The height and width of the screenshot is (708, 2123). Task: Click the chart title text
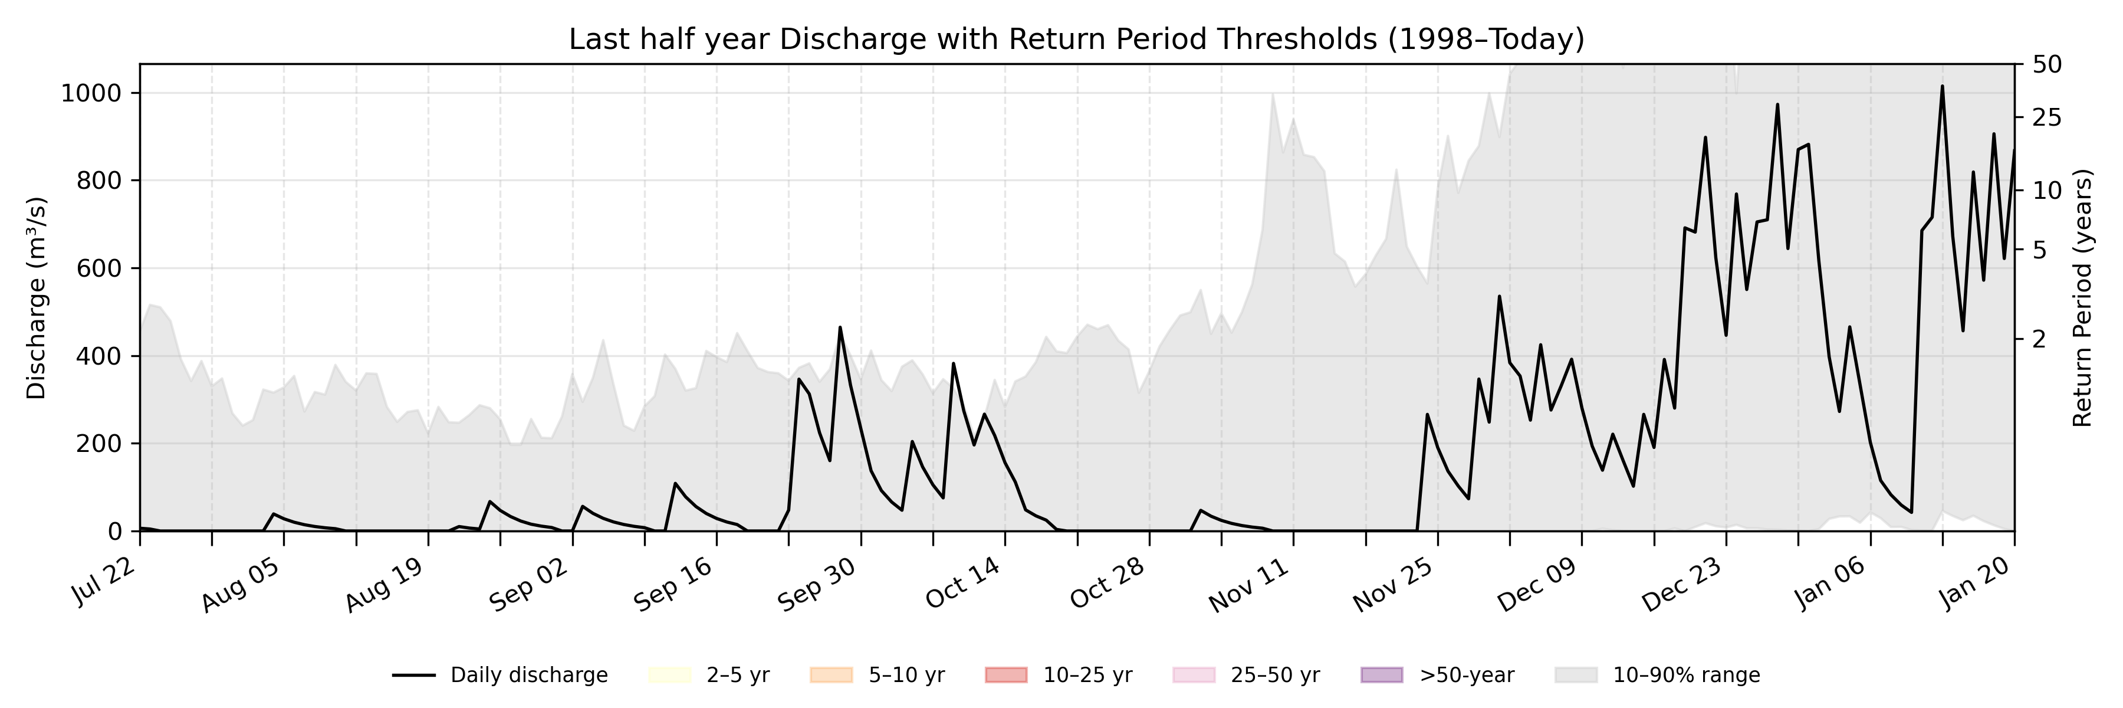1076,40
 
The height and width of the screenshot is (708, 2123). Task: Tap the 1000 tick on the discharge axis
91,93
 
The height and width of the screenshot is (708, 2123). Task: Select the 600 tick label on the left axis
98,268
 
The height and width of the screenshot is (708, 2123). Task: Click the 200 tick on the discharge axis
98,444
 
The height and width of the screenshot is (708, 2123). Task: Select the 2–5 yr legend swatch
669,675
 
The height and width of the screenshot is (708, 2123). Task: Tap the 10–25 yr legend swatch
1006,675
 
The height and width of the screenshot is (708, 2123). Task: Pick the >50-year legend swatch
1381,675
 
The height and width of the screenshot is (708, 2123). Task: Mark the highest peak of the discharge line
1942,86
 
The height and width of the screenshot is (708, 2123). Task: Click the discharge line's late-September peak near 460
840,327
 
